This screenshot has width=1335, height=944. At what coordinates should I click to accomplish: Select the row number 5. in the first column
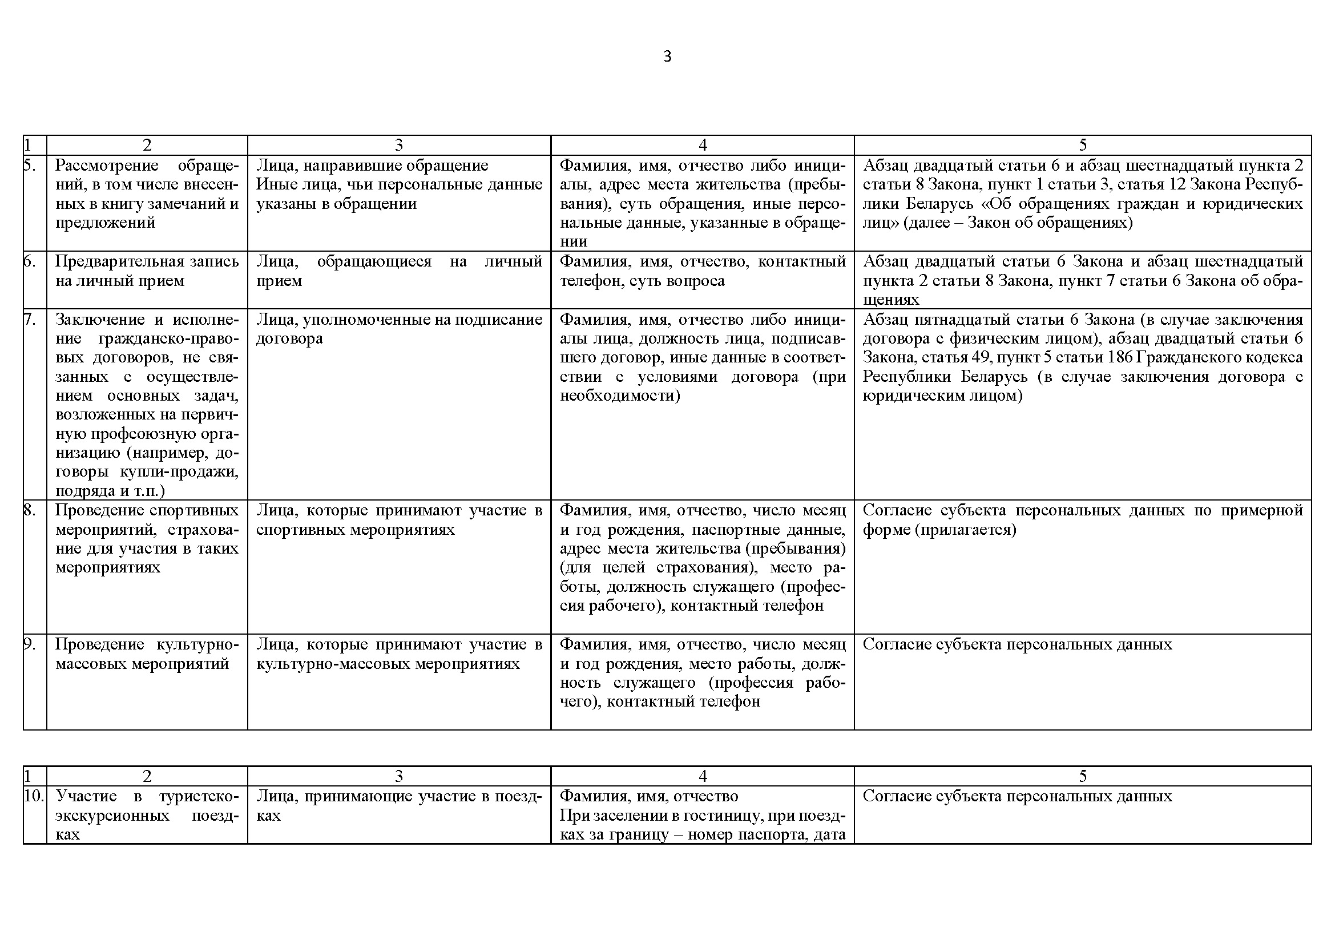[x=30, y=165]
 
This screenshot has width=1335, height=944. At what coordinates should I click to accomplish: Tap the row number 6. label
[x=30, y=261]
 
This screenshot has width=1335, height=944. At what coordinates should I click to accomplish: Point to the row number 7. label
[x=30, y=319]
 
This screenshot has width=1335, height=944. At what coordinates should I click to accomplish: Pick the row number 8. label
[x=30, y=510]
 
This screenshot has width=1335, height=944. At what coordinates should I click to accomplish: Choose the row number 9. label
[x=30, y=644]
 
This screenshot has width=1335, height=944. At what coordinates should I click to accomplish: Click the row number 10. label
[x=34, y=796]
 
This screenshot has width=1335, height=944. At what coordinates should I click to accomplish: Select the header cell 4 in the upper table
[x=703, y=145]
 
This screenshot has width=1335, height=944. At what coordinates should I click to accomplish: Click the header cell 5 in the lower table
[x=1083, y=776]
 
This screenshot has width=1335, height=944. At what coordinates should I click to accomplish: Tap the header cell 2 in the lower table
[x=147, y=776]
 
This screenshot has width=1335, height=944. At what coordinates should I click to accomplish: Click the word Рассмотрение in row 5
[x=107, y=165]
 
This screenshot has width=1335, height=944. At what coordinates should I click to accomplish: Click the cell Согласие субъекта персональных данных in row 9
[x=1018, y=644]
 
